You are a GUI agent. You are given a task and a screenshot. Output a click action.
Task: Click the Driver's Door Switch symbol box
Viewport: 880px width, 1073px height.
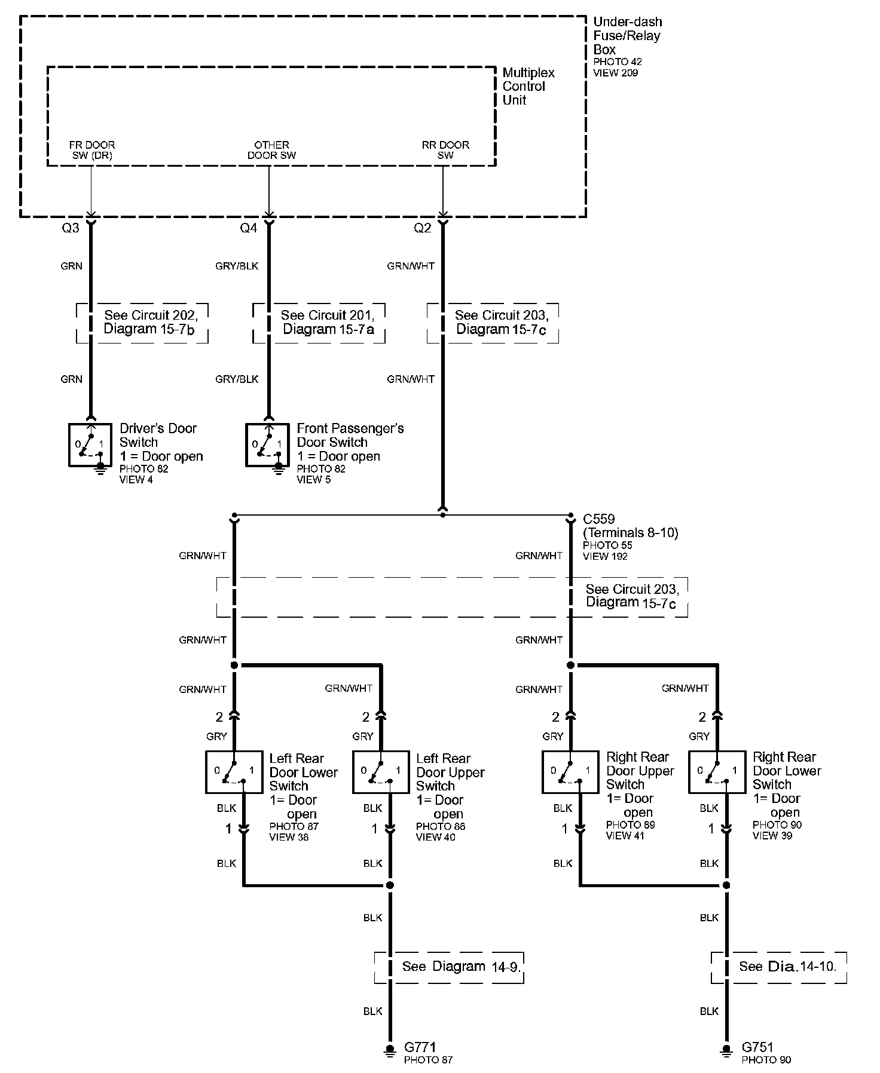[90, 445]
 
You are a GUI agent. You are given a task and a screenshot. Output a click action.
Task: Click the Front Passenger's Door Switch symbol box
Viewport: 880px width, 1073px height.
[267, 445]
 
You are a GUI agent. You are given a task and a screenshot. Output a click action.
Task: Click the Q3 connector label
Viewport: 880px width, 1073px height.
[71, 228]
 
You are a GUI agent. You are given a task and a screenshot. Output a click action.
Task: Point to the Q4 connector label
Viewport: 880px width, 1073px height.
[248, 228]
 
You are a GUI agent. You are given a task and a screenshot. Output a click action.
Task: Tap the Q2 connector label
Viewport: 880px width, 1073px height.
[422, 228]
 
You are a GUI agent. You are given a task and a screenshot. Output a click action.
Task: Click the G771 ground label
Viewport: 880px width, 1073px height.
[420, 1047]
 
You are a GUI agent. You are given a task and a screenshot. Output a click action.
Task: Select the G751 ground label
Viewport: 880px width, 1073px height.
[757, 1047]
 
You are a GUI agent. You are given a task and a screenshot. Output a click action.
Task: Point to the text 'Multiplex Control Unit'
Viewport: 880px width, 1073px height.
[528, 86]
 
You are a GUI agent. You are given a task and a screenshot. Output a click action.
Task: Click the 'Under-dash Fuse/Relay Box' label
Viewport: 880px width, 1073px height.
[627, 36]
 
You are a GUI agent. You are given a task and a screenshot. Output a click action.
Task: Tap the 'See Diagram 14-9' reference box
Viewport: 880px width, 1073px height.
[449, 967]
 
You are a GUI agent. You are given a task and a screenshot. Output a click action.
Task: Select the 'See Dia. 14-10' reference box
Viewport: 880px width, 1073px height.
[778, 967]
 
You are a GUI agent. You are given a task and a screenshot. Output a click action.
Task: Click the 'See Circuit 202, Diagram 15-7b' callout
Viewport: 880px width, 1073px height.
[142, 323]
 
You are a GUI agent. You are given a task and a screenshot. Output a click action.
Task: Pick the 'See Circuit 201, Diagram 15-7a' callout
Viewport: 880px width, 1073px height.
[319, 323]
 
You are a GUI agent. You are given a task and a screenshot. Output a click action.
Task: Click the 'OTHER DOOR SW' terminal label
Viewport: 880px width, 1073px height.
[271, 150]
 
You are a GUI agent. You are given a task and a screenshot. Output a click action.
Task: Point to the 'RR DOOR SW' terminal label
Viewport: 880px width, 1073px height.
[445, 150]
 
